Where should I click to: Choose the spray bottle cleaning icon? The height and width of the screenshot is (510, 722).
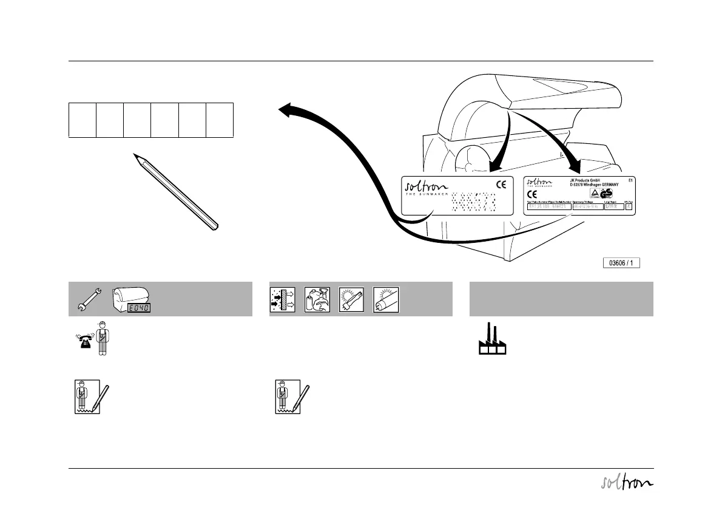pyautogui.click(x=315, y=299)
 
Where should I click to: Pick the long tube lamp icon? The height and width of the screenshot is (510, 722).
pyautogui.click(x=386, y=299)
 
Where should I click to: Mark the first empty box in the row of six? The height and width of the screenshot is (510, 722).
pyautogui.click(x=83, y=120)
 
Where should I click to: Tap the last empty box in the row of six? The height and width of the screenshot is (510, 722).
pyautogui.click(x=220, y=120)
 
